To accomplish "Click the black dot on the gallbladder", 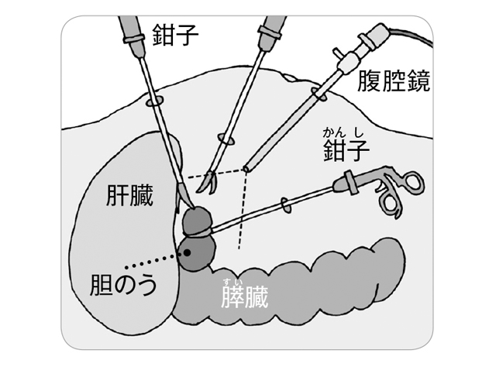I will [x=186, y=252].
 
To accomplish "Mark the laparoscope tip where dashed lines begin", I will [x=245, y=168].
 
